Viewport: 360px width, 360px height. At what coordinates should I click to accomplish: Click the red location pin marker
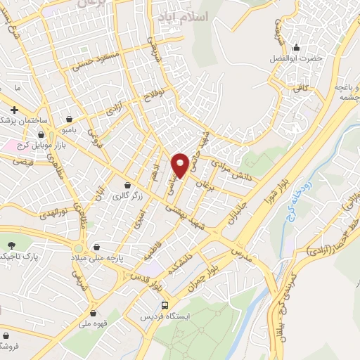[180, 164]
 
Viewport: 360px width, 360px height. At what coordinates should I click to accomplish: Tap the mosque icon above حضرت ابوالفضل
[296, 49]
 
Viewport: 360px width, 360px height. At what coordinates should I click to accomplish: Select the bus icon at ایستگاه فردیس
[164, 306]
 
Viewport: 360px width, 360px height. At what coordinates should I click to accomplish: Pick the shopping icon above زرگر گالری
[127, 185]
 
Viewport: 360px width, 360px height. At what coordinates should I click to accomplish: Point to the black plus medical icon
[14, 110]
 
